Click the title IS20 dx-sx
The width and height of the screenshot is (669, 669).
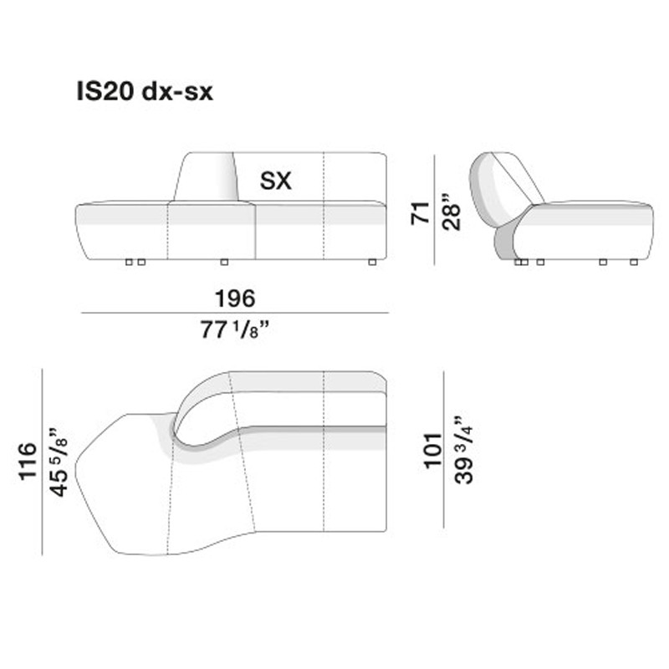coord(143,92)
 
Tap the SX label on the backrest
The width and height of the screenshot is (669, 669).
coord(275,181)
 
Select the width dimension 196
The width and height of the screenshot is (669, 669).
coord(234,298)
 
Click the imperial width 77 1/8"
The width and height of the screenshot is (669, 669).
coord(237,330)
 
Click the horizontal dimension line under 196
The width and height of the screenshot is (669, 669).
coord(234,313)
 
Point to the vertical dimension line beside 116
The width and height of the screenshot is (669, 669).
coord(42,462)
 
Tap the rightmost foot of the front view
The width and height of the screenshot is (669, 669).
coord(371,263)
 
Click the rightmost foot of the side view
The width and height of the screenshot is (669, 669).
coord(633,263)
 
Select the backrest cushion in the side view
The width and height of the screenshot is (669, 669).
coord(510,184)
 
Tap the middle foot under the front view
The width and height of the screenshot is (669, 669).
coord(223,263)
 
